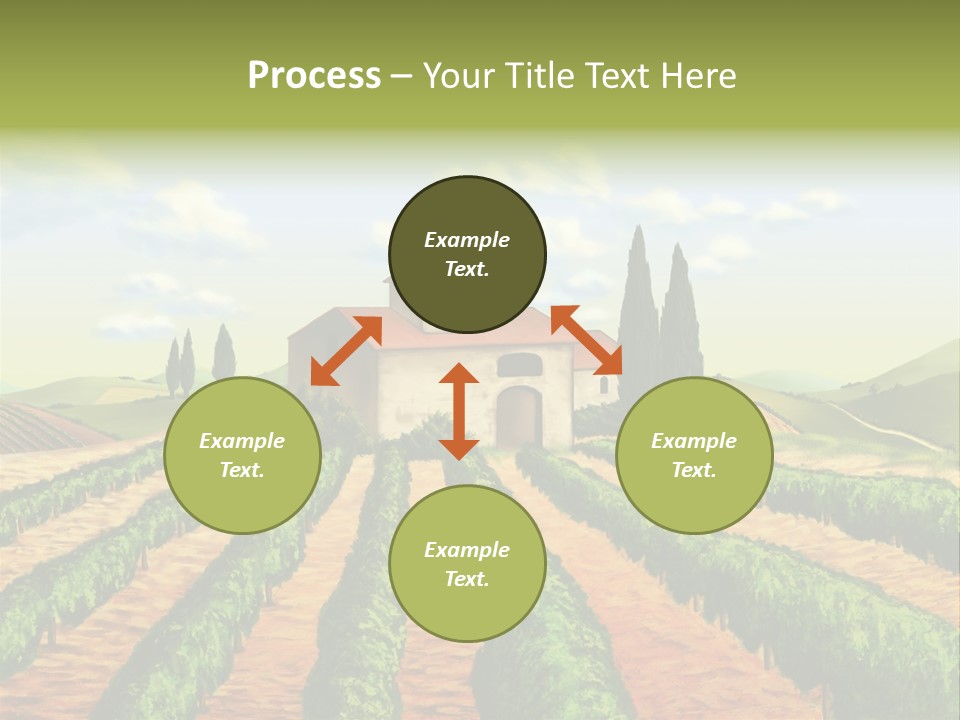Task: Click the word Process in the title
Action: coord(314,76)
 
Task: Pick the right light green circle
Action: coord(694,494)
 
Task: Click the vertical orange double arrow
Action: coord(459,411)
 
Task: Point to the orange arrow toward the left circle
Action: coord(346,351)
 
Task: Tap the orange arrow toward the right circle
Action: coord(587,340)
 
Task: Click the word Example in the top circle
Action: coord(467,240)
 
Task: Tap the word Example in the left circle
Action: coord(242,441)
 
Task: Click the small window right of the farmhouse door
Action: coord(603,384)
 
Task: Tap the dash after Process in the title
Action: coord(402,76)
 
